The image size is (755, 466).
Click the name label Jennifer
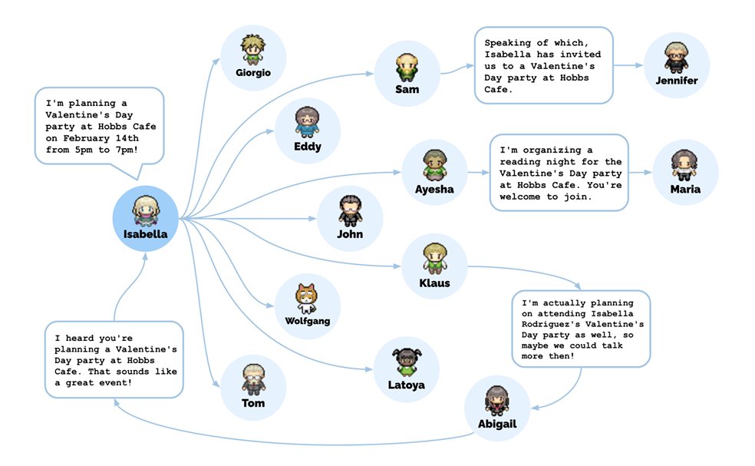[677, 81]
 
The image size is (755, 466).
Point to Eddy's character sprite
[307, 122]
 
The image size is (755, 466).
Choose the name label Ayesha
[434, 189]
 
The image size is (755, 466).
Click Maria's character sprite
[684, 164]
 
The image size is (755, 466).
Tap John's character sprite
[350, 210]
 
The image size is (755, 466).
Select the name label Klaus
[434, 283]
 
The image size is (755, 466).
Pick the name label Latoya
[406, 385]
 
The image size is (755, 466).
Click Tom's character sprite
[253, 379]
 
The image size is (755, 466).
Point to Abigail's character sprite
[497, 401]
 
